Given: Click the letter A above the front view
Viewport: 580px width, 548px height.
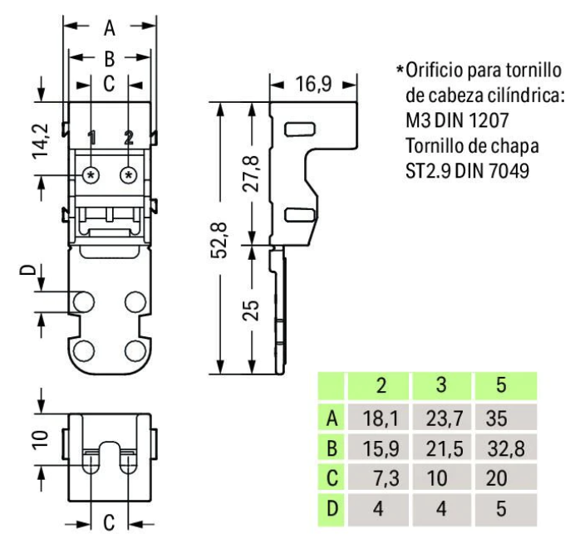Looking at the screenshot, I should (110, 28).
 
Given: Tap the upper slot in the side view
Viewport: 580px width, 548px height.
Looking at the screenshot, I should (297, 129).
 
